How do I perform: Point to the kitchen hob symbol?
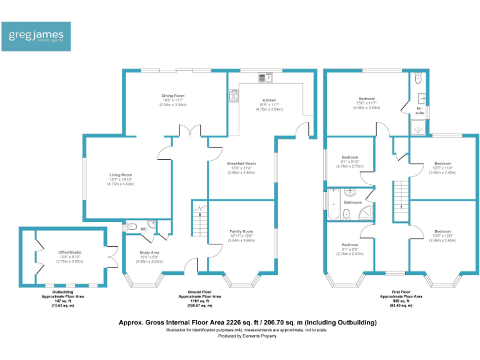[234, 96]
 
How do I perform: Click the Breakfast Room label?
[241, 163]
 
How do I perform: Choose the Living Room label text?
[121, 174]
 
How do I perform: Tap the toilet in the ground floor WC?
[132, 227]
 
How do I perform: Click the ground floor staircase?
[198, 221]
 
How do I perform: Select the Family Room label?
[241, 231]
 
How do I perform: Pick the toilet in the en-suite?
[418, 79]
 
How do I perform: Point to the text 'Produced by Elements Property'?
[247, 336]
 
